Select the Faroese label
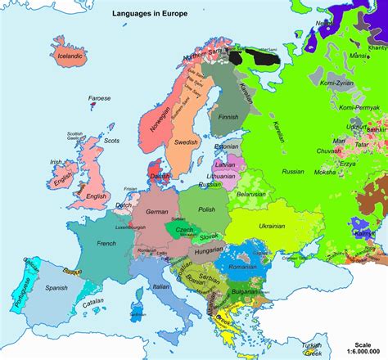[100, 99]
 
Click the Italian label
[156, 287]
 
